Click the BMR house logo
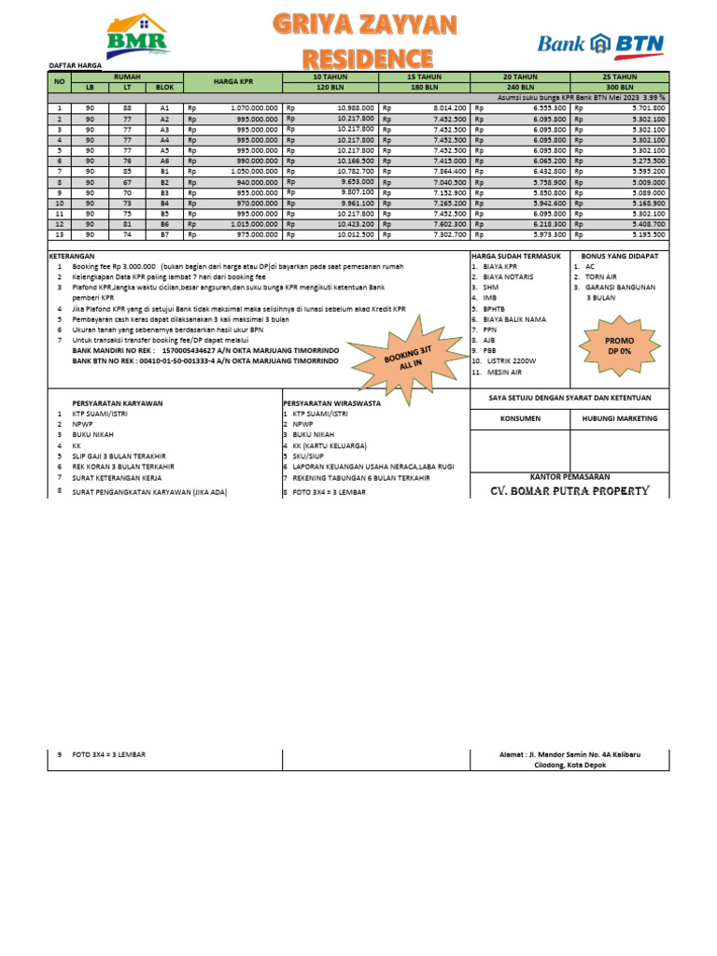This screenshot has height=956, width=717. coord(137,36)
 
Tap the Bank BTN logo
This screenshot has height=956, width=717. coord(600,43)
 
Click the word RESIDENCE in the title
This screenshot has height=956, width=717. coord(353,57)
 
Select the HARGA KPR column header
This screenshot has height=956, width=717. coord(233,82)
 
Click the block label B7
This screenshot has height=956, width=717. coord(164,235)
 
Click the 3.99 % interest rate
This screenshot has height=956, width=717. coord(652,97)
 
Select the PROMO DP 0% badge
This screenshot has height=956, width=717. coord(619,345)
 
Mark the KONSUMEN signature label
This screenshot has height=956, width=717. coord(519,418)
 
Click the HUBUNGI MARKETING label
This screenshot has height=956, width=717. coord(618,418)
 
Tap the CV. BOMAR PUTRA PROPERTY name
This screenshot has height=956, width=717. coord(569,490)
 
